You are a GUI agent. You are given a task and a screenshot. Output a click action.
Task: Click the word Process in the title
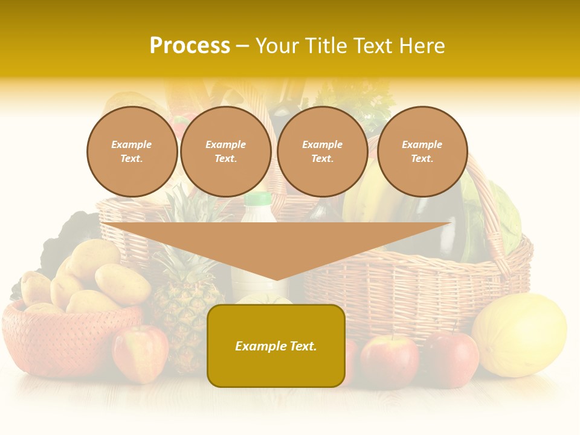click(x=190, y=46)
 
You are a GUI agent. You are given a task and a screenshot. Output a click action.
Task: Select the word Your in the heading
click(x=279, y=46)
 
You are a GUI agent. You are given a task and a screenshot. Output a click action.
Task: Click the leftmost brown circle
click(x=132, y=152)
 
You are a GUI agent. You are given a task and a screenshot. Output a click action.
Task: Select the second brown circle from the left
click(x=225, y=152)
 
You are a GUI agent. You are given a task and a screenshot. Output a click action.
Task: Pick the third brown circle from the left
click(x=322, y=152)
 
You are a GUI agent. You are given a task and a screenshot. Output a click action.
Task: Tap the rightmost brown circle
click(x=422, y=152)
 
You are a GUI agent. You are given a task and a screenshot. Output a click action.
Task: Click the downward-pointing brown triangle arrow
click(x=276, y=245)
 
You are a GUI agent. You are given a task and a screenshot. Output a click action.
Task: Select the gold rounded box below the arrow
click(x=276, y=346)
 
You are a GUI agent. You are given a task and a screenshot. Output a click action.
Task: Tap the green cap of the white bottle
click(x=259, y=199)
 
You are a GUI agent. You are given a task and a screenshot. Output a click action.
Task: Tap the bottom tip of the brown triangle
click(x=277, y=279)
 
